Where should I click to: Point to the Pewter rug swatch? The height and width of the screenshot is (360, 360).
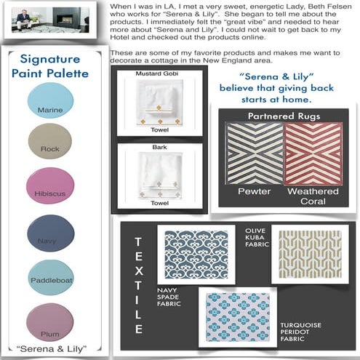pyautogui.click(x=249, y=153)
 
